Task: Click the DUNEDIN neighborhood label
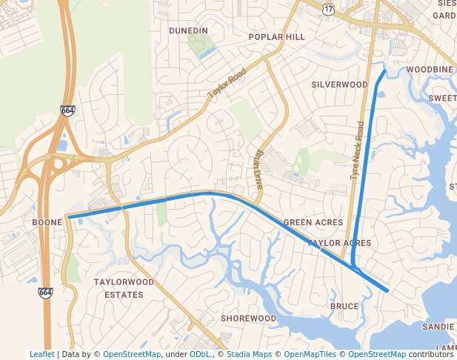[x=188, y=30]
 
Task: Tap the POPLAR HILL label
[x=276, y=36]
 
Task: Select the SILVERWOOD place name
[x=339, y=84]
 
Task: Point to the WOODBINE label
[x=429, y=69]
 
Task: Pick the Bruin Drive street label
[x=258, y=171]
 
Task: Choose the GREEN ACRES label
[x=313, y=222]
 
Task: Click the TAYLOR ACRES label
[x=339, y=242]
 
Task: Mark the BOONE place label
[x=47, y=221]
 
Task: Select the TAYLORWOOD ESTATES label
[x=124, y=288]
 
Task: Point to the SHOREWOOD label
[x=248, y=319]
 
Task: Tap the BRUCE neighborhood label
[x=344, y=306]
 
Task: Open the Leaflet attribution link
[x=41, y=355]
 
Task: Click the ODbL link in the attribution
[x=199, y=355]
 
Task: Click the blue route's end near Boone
[x=68, y=217]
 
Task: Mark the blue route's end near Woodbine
[x=384, y=71]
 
